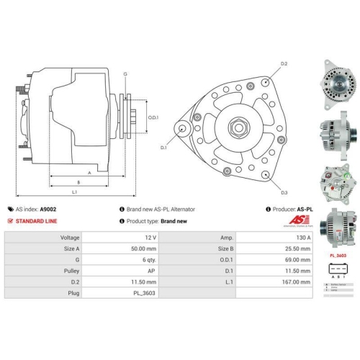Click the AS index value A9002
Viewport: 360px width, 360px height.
point(48,210)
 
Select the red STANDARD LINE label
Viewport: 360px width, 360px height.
point(36,221)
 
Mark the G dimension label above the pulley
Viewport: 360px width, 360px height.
point(125,75)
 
